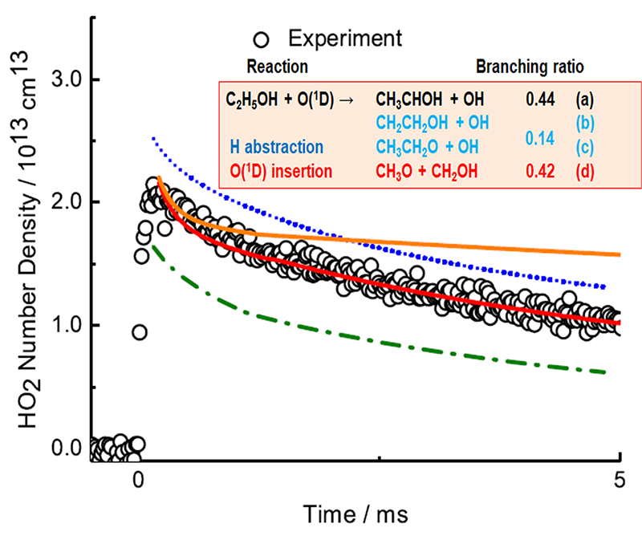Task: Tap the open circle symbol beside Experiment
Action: [259, 38]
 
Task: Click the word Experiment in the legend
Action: [346, 38]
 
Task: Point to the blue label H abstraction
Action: [276, 148]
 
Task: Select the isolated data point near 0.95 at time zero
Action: [140, 332]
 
